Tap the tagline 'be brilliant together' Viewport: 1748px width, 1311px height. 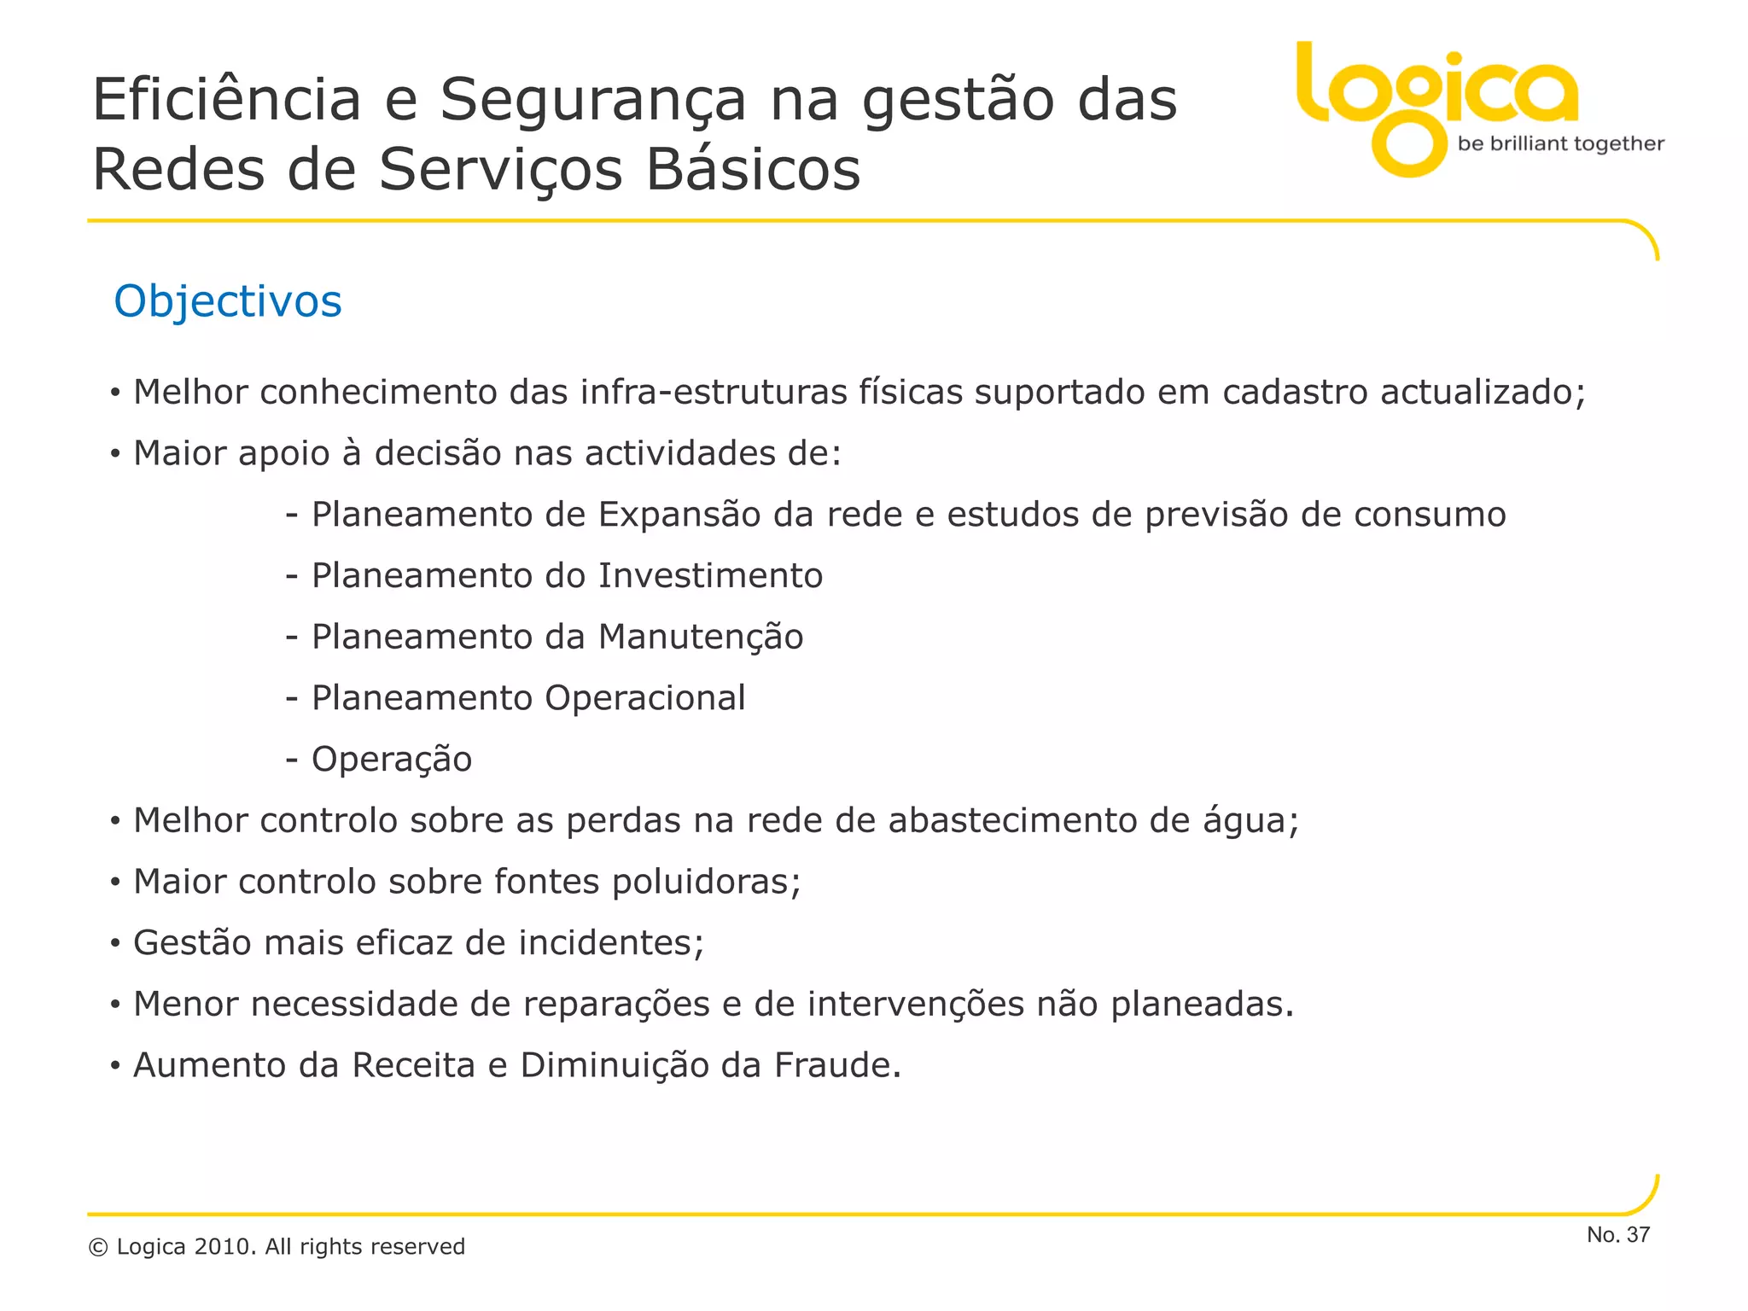(1560, 143)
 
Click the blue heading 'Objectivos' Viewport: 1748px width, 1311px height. (228, 301)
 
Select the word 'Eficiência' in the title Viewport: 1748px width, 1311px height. (227, 99)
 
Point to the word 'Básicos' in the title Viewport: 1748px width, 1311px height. (753, 169)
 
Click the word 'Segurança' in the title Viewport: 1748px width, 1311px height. (593, 101)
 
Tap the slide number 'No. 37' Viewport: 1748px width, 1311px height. (1618, 1234)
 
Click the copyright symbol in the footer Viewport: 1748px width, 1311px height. (98, 1248)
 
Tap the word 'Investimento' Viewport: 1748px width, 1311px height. (710, 576)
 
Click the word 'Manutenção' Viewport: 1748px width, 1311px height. (701, 638)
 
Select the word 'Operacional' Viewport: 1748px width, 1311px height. (645, 698)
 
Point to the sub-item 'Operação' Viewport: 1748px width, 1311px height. (391, 760)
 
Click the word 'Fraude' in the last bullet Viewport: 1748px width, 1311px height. (836, 1065)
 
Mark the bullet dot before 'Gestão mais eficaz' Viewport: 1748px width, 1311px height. (115, 944)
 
